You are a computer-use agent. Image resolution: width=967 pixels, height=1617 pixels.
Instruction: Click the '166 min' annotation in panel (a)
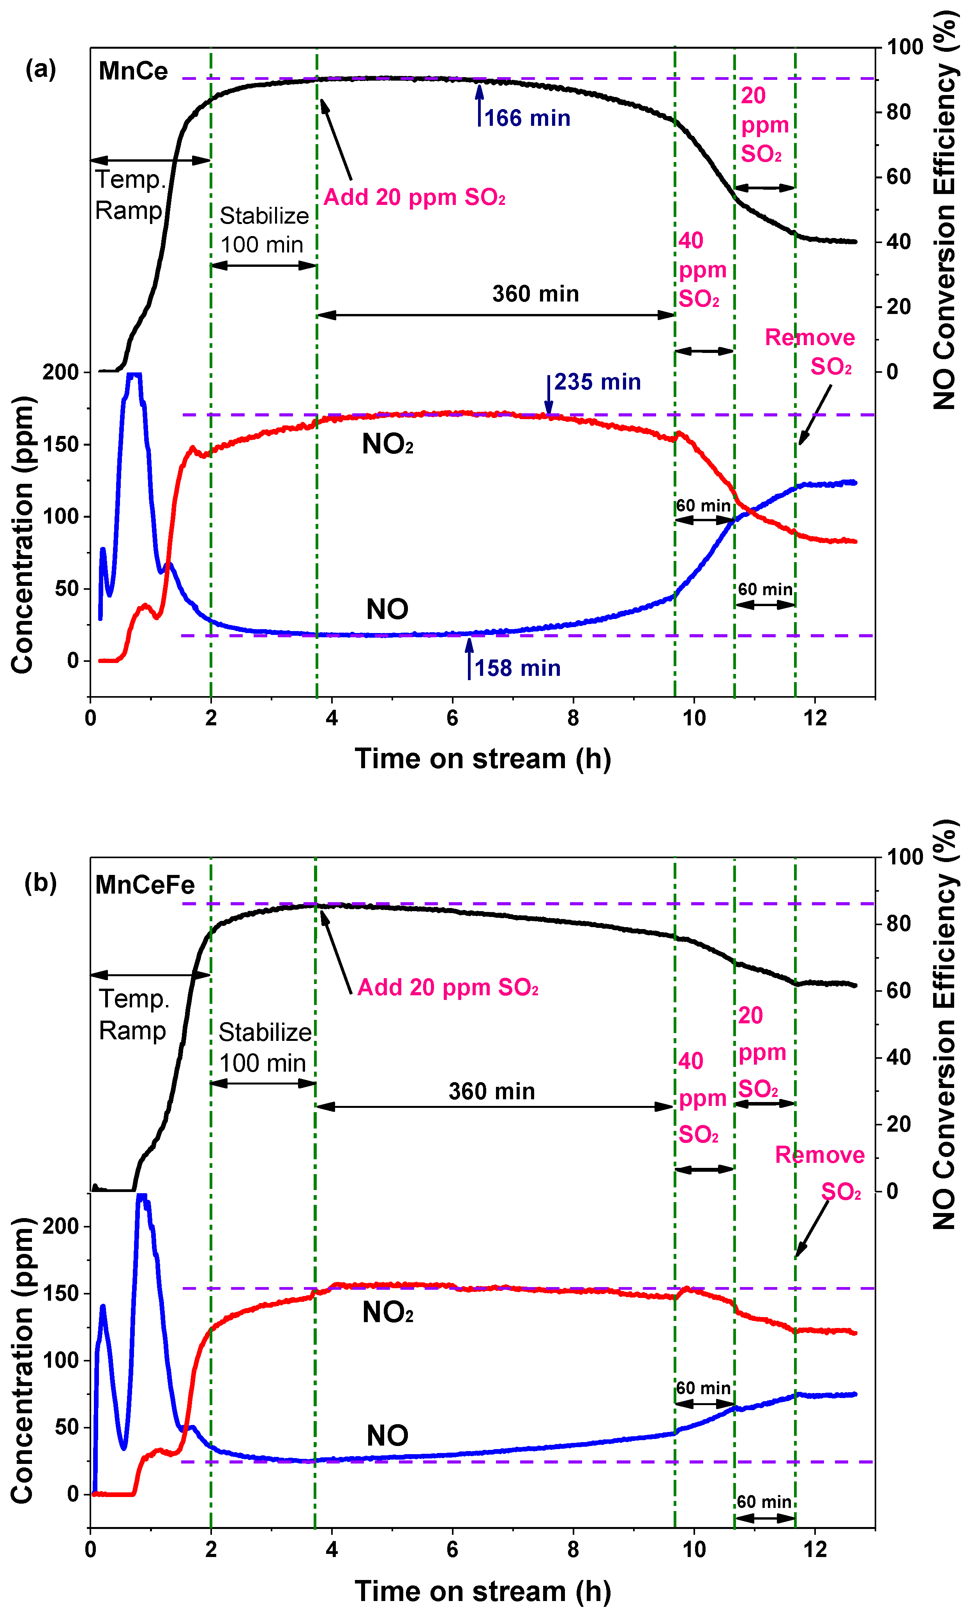click(x=526, y=118)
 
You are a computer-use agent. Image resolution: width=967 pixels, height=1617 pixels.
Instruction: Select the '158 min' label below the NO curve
click(x=517, y=668)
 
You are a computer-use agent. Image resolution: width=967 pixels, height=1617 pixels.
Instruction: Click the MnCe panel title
click(x=133, y=71)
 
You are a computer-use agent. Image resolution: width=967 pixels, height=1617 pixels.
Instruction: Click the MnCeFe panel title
click(x=145, y=885)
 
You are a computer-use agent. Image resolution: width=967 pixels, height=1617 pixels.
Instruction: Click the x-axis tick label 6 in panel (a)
click(x=452, y=718)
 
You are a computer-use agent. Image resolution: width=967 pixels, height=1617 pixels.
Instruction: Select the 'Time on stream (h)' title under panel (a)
click(x=483, y=759)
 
